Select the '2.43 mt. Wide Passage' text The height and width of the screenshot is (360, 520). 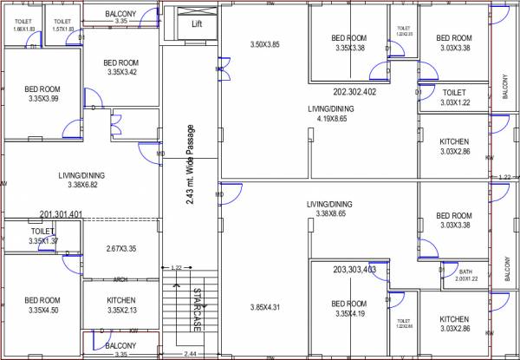pyautogui.click(x=191, y=164)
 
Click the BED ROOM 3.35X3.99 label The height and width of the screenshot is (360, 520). pyautogui.click(x=42, y=94)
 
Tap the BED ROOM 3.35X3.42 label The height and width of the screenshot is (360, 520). pyautogui.click(x=120, y=67)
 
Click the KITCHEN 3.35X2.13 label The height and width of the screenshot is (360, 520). pyautogui.click(x=120, y=304)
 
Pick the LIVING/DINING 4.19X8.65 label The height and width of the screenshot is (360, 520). pyautogui.click(x=330, y=114)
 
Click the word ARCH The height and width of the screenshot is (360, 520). pyautogui.click(x=121, y=279)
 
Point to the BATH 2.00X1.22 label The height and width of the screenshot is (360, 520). pyautogui.click(x=465, y=275)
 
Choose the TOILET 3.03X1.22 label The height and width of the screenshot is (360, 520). pyautogui.click(x=454, y=97)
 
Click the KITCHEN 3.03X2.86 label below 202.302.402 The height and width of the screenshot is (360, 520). pyautogui.click(x=454, y=147)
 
